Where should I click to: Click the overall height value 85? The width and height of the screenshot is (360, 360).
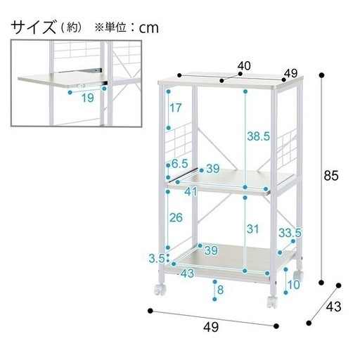click(x=331, y=176)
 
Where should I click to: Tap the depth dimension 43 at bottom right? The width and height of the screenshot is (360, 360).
click(x=333, y=307)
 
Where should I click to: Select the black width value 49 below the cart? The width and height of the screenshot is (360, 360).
click(x=211, y=327)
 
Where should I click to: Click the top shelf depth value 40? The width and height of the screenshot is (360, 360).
click(x=244, y=66)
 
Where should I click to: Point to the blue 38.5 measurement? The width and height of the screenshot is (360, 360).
click(x=259, y=136)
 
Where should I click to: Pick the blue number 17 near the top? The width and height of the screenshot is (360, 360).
click(x=176, y=108)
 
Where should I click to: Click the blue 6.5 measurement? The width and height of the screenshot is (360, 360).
click(x=180, y=164)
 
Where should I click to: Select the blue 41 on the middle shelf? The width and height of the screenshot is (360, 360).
click(x=191, y=192)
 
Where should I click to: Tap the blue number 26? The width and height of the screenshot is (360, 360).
click(x=176, y=218)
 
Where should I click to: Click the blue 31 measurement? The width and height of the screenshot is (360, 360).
click(x=252, y=229)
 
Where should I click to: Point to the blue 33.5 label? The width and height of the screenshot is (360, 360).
click(x=290, y=233)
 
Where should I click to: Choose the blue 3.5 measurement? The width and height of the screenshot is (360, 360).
click(x=157, y=259)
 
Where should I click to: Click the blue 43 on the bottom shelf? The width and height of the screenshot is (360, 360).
click(x=187, y=274)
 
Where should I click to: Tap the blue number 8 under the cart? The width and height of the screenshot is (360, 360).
click(x=220, y=290)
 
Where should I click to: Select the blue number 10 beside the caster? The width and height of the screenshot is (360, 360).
click(x=294, y=285)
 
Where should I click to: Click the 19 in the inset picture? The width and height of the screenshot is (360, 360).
click(x=88, y=98)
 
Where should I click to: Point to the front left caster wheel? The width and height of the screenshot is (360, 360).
click(x=160, y=289)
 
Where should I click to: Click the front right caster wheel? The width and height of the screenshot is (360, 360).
click(x=272, y=302)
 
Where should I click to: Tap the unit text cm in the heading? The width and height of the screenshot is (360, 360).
click(x=149, y=28)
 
